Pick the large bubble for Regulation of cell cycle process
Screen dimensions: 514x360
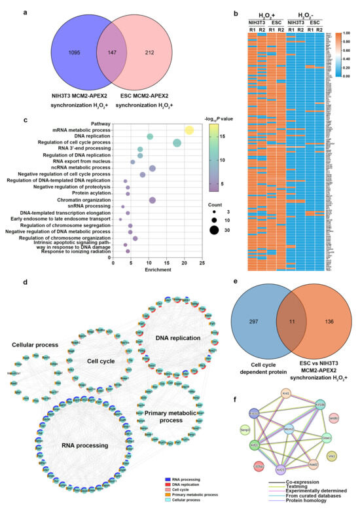pyautogui.click(x=177, y=143)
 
